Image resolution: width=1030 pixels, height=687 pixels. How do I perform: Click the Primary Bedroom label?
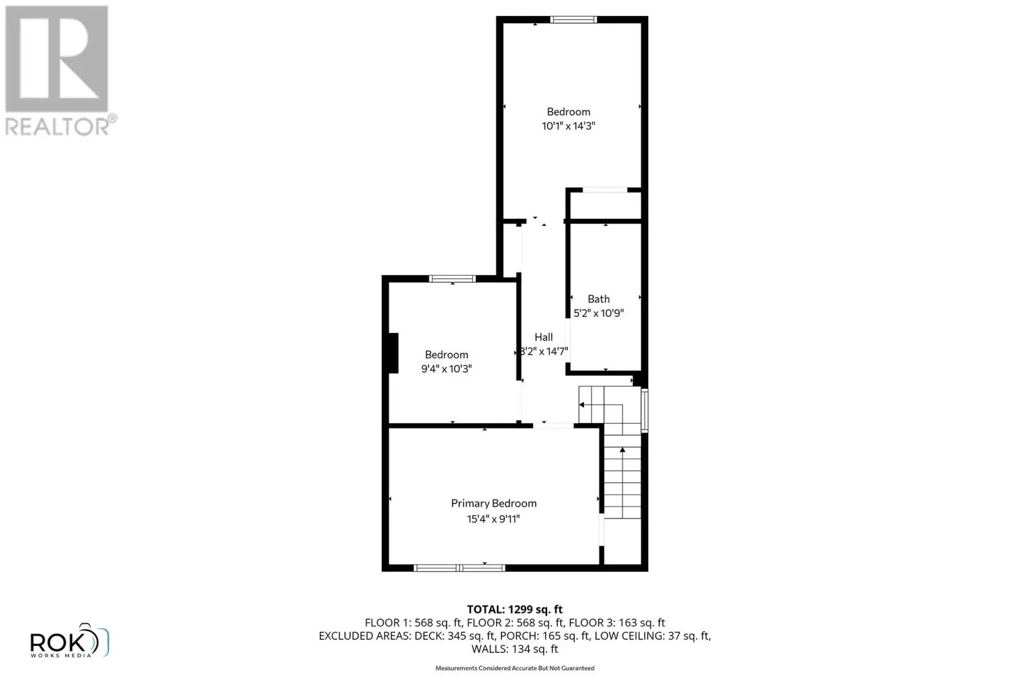click(494, 503)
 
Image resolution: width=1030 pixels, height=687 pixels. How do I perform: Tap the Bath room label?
click(599, 299)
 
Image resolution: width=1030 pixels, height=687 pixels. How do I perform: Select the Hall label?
click(543, 337)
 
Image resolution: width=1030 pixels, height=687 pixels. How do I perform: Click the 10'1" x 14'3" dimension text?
click(568, 126)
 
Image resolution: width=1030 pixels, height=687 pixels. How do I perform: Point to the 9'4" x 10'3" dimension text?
click(446, 369)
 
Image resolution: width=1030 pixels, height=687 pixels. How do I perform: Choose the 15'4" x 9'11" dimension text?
click(493, 519)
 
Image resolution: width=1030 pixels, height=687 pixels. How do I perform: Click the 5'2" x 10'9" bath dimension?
click(599, 314)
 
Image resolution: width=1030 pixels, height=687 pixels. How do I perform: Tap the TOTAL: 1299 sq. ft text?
click(514, 609)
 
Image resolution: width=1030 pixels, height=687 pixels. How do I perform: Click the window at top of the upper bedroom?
click(574, 20)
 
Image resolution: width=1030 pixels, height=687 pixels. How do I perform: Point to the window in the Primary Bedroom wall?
click(458, 568)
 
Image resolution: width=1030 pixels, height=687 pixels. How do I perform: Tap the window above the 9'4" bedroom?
click(453, 279)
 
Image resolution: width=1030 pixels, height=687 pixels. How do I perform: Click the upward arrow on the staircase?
click(622, 451)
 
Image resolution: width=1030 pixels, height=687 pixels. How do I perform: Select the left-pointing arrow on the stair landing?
click(582, 405)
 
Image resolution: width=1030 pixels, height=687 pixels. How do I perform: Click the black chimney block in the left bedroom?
click(392, 353)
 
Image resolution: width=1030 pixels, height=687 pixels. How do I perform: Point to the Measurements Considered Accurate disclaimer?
click(514, 668)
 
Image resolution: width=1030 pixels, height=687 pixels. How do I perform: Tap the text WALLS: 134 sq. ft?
click(514, 649)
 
